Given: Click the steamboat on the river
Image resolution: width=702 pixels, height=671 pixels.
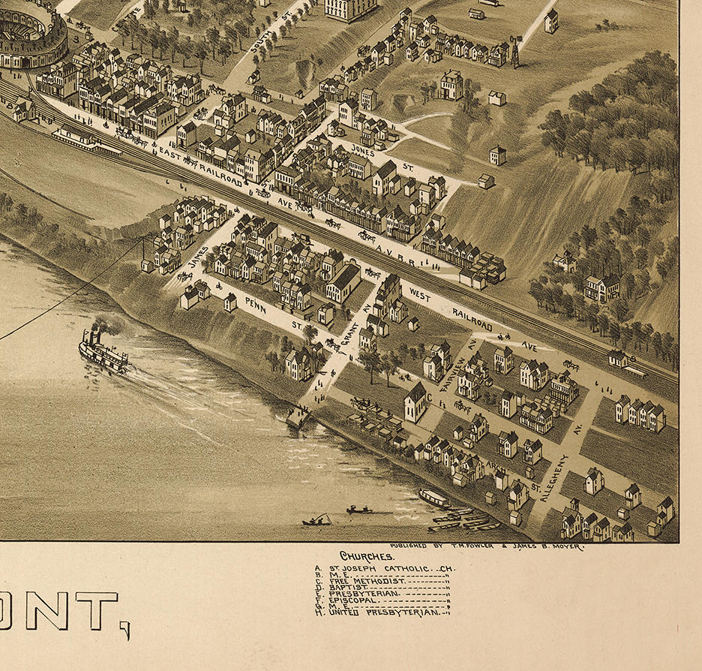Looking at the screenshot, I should (103, 351).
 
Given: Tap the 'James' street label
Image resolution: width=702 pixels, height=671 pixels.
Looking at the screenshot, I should (196, 258).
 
